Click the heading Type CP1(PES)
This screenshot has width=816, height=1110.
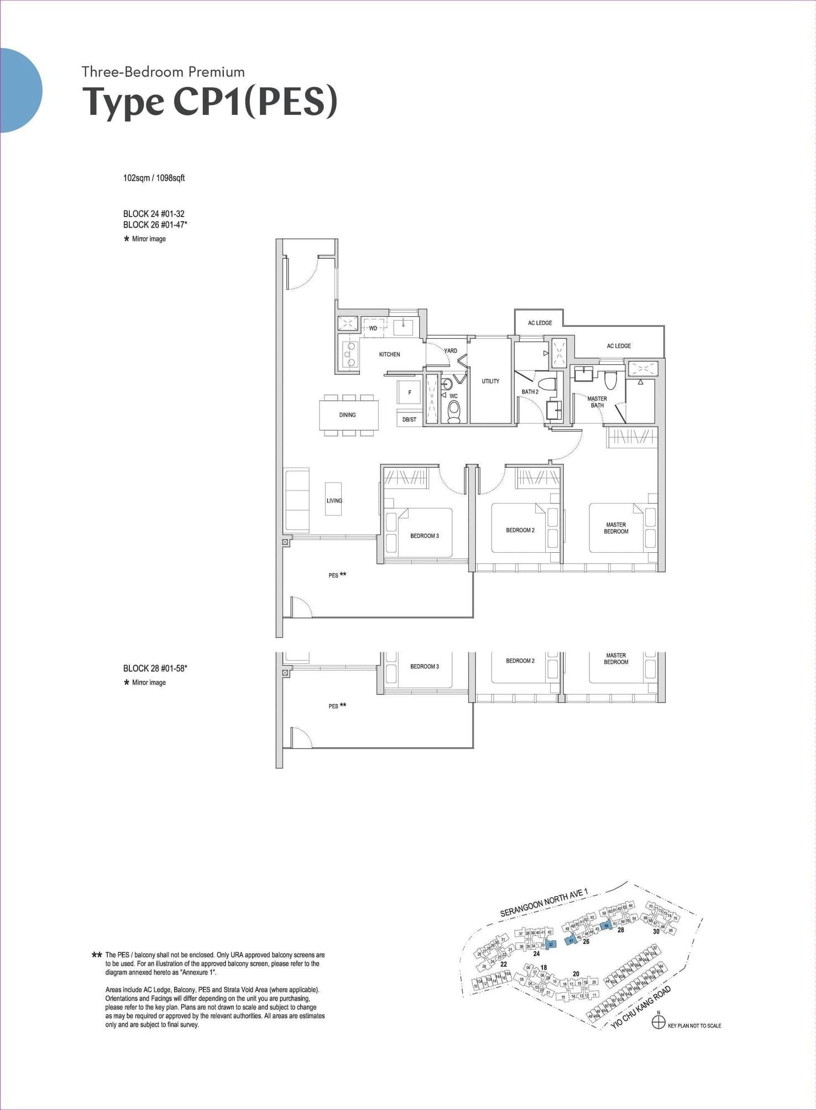210,102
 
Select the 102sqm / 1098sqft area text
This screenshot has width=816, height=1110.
154,178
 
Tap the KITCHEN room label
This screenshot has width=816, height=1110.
389,354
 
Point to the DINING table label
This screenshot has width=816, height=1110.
347,415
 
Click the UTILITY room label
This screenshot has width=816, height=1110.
490,381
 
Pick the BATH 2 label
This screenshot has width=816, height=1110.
530,391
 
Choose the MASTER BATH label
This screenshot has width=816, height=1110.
597,402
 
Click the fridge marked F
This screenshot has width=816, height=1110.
410,392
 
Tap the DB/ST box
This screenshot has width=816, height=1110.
409,420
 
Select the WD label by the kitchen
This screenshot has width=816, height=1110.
373,328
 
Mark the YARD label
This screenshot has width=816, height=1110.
451,350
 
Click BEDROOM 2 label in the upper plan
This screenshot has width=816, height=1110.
520,530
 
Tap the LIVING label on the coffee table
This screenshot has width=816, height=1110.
334,500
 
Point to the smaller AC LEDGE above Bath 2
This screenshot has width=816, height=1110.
540,323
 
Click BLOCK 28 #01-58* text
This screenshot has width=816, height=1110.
155,668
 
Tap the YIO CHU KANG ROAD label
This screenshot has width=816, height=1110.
641,1007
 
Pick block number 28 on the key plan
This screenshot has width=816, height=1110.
620,930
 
